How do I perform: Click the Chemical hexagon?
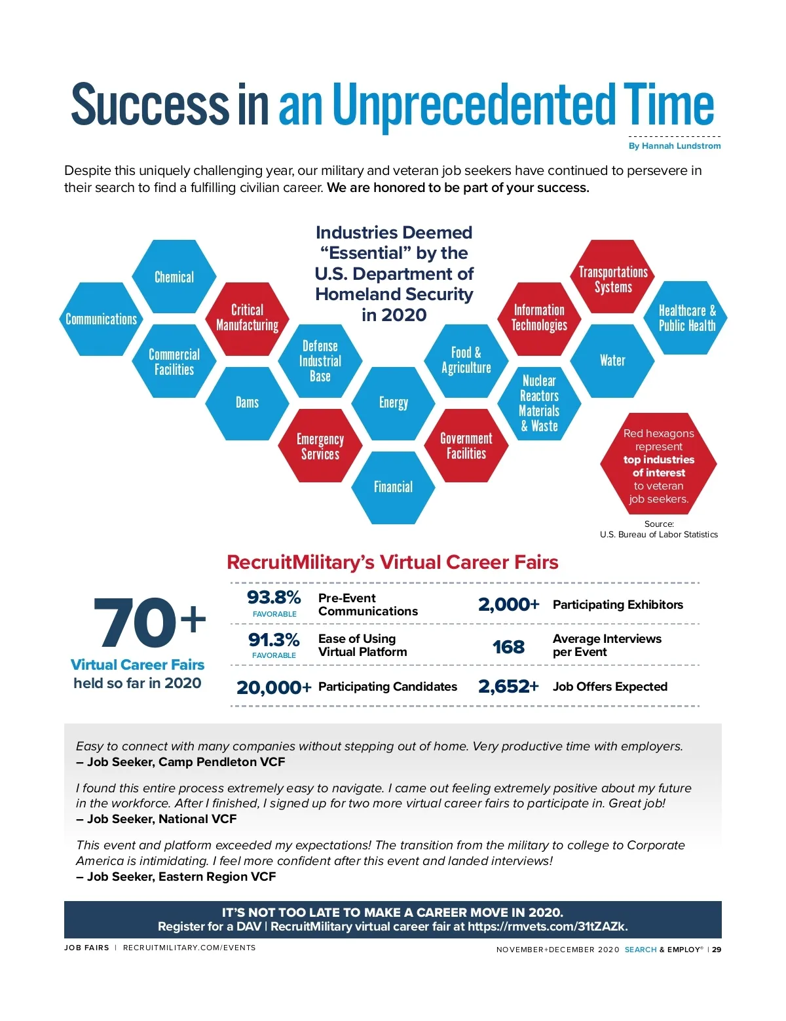[174, 277]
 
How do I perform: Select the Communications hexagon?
[102, 319]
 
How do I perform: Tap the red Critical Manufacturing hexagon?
[247, 318]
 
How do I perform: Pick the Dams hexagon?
[247, 402]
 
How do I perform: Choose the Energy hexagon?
[393, 402]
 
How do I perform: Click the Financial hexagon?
[393, 487]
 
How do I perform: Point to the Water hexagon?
[612, 360]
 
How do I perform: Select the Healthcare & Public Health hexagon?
[686, 318]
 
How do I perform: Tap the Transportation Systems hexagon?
[612, 279]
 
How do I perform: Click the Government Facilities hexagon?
[466, 446]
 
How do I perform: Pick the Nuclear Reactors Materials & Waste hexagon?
[539, 403]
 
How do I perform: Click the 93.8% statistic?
[274, 598]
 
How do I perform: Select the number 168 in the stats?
[508, 647]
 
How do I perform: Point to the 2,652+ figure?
[508, 686]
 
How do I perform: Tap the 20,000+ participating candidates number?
[274, 687]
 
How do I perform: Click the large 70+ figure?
[149, 623]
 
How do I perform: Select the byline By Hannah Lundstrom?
[675, 146]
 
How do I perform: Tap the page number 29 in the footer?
[717, 950]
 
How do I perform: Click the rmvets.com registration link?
[548, 927]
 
